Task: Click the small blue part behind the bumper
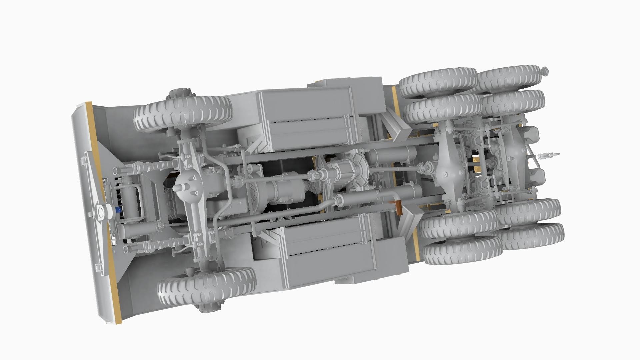coord(118,210)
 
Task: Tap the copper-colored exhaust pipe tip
coord(398,207)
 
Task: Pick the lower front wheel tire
coord(207,287)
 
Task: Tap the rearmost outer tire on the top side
coord(510,79)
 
